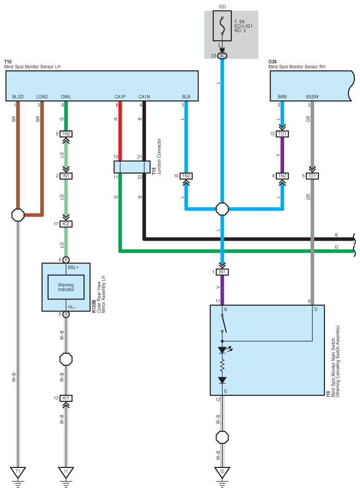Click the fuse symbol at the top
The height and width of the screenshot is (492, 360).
222,26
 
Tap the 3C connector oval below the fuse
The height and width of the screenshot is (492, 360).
222,56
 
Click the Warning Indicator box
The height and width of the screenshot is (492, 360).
66,287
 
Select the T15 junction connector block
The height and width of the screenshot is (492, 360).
132,167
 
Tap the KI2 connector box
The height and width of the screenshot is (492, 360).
66,224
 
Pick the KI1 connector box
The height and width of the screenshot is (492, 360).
66,398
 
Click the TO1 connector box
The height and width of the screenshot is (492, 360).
282,134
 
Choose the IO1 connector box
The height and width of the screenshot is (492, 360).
312,176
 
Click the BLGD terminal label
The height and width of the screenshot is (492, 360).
18,97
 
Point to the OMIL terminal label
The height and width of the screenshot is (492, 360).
66,97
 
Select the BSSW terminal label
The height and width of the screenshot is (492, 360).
312,97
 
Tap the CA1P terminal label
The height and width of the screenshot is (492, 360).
120,97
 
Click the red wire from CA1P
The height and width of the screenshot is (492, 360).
120,131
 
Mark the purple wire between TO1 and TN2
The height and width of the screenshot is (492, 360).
282,155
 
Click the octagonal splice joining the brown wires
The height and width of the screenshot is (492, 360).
18,215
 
